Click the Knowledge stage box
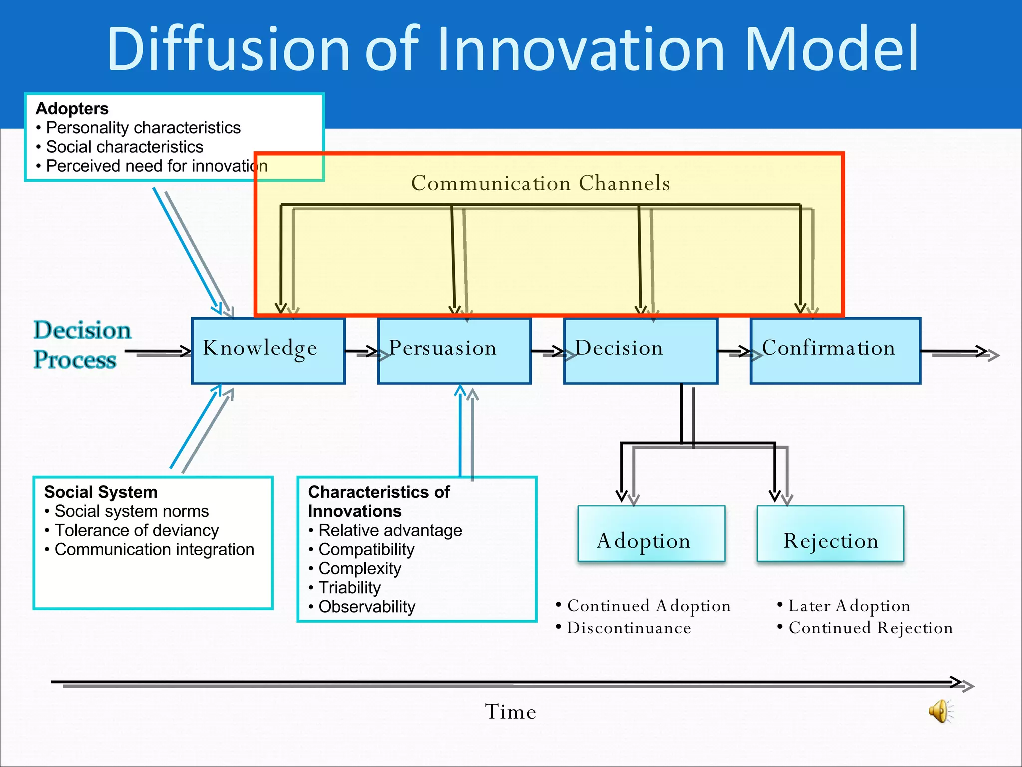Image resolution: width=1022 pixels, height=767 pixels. tap(268, 351)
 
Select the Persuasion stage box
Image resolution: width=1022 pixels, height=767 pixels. tap(454, 351)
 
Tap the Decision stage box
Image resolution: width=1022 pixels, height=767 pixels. tap(640, 351)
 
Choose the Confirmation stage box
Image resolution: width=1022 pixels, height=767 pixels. tap(835, 351)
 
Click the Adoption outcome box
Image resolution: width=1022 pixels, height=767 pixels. tap(651, 533)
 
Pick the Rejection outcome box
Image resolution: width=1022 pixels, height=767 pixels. tap(830, 533)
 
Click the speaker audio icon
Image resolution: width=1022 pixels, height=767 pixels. tap(940, 711)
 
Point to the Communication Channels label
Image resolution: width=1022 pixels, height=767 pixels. tap(540, 183)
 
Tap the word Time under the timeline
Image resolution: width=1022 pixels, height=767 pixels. tap(511, 712)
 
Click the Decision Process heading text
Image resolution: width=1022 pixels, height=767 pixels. tap(82, 345)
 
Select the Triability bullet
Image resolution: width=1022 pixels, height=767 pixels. tap(349, 588)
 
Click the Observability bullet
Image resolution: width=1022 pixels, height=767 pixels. tap(367, 607)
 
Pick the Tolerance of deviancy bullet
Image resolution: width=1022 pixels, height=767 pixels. tap(136, 530)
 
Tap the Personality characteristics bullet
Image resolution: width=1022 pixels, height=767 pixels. tap(143, 128)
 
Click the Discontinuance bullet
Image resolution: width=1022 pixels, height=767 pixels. tap(629, 628)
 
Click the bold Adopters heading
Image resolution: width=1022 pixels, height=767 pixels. tap(72, 109)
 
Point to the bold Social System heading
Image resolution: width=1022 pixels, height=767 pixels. tap(101, 492)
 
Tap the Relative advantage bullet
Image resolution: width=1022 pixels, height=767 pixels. tap(390, 530)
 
